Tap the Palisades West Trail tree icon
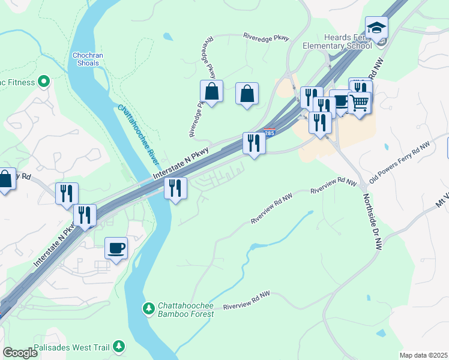pos(119,346)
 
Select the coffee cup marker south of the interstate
pos(116,248)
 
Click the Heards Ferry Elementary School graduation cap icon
pos(376,28)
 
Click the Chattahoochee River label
pos(139,136)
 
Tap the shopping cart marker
pos(359,102)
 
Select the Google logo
pos(20,353)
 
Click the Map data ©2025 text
pos(424,355)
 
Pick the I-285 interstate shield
pos(269,133)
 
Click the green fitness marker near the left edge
pos(43,80)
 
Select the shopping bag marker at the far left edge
pos(5,179)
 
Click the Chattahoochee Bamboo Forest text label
pos(185,310)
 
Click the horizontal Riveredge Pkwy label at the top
pos(266,37)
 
